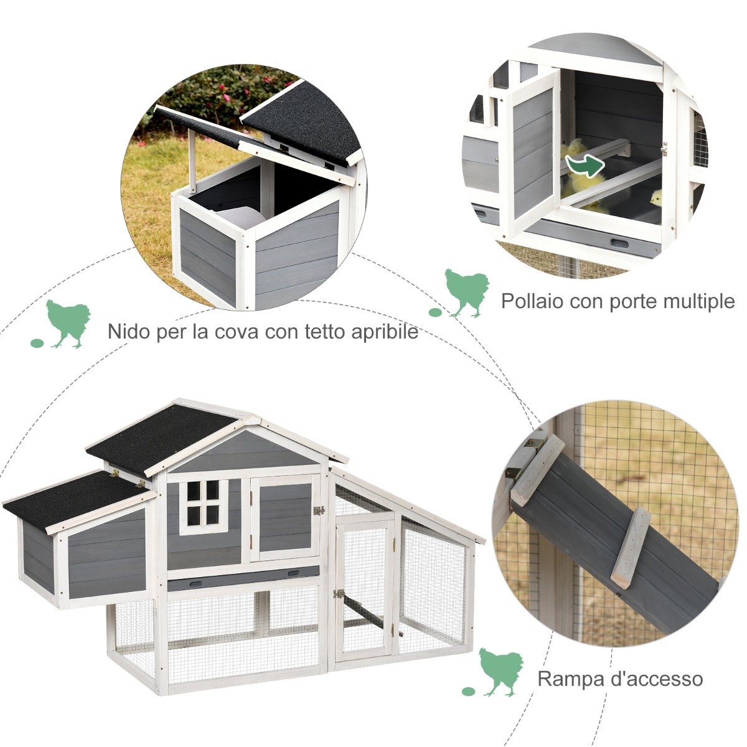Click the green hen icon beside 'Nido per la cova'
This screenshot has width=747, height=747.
(x=68, y=322)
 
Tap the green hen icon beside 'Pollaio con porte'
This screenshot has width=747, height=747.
(x=467, y=291)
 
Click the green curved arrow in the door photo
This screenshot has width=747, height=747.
(x=585, y=166)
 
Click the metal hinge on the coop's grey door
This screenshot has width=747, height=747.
(x=319, y=511)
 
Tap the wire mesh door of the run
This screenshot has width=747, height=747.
(x=365, y=588)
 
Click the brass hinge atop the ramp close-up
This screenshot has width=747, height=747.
(x=533, y=444)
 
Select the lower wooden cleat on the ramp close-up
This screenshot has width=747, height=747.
(x=630, y=548)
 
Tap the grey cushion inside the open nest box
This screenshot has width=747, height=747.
(x=240, y=218)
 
